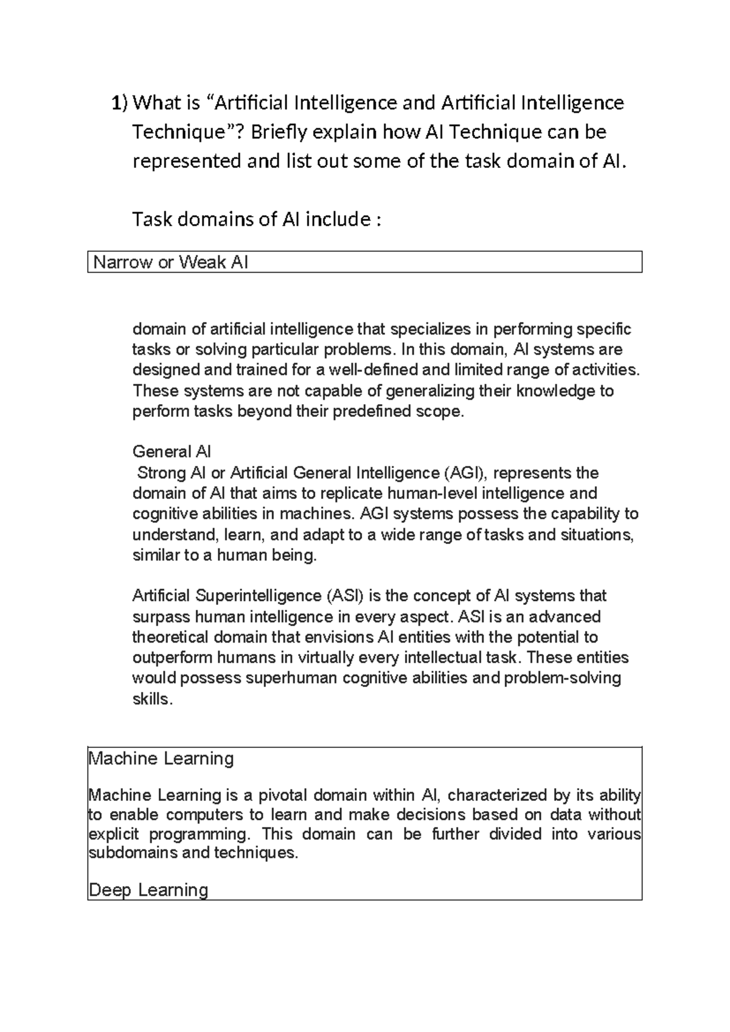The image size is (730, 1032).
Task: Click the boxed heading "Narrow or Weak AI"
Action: pyautogui.click(x=170, y=262)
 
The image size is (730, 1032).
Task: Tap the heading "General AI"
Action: pyautogui.click(x=172, y=451)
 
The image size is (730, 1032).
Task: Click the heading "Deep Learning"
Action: pyautogui.click(x=148, y=890)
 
